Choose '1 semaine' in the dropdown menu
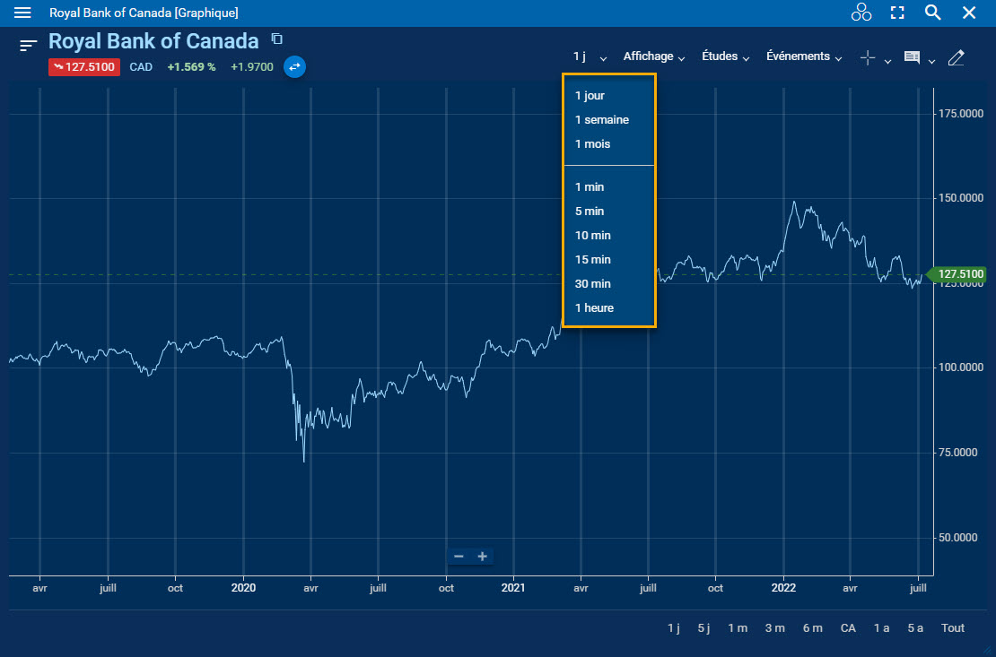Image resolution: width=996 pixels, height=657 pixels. [602, 119]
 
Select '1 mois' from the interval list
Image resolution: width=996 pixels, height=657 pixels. [592, 143]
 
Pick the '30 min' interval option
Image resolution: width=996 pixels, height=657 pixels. [592, 283]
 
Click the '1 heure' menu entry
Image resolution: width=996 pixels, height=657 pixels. [594, 307]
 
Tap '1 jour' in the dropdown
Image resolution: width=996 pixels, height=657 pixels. [590, 95]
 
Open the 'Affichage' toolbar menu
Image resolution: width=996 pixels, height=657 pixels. [653, 56]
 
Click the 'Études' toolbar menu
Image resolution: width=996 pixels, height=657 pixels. [724, 56]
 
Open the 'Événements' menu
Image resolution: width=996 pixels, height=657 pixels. [803, 56]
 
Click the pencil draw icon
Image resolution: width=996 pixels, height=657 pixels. [956, 57]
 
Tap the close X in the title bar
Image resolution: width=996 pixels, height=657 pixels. [969, 13]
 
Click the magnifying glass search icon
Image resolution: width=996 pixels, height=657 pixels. [933, 13]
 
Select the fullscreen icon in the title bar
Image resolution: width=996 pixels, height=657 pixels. [897, 13]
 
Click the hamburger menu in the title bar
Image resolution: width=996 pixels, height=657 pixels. [23, 13]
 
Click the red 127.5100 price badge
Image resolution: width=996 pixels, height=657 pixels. [84, 66]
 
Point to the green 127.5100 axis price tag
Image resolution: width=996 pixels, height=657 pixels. [959, 274]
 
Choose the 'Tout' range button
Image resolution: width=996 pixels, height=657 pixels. [953, 627]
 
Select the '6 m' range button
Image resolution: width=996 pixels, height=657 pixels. [812, 627]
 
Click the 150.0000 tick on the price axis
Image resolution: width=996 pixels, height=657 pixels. [960, 198]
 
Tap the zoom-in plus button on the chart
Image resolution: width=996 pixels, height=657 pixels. [483, 557]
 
